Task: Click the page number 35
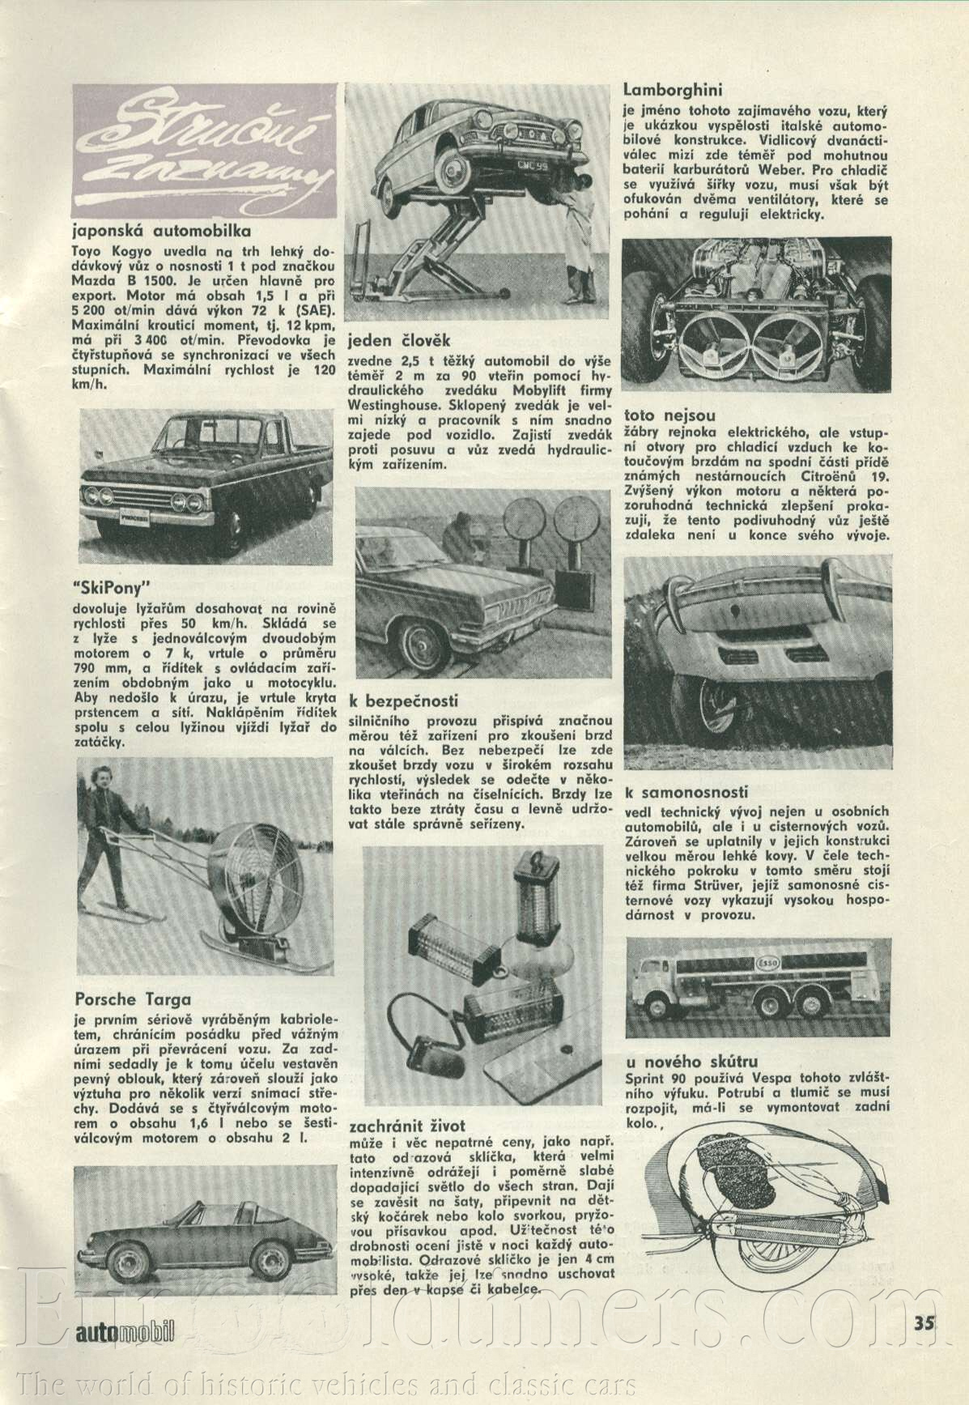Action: [924, 1322]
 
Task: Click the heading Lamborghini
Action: [673, 90]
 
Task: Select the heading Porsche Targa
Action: [132, 999]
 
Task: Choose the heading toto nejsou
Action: [669, 415]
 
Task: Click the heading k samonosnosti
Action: [686, 792]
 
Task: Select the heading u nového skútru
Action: [691, 1062]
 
